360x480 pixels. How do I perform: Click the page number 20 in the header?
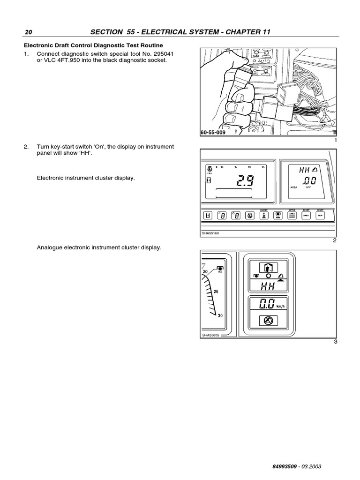pyautogui.click(x=28, y=32)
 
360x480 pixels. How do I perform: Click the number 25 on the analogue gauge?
pyautogui.click(x=216, y=292)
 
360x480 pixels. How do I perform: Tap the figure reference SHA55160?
pyautogui.click(x=210, y=232)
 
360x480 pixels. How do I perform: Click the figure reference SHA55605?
pyautogui.click(x=210, y=335)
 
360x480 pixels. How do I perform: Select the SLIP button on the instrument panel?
pyautogui.click(x=321, y=215)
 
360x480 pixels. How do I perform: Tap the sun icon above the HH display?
pyautogui.click(x=269, y=276)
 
